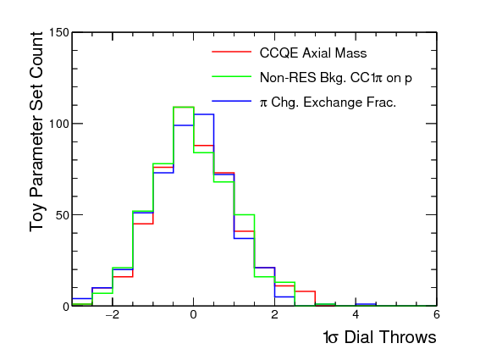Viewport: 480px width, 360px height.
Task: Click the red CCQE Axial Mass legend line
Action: click(231, 52)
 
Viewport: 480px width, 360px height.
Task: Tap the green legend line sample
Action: click(231, 76)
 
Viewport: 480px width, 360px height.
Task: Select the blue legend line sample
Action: click(231, 101)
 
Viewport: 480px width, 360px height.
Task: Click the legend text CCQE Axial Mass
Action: click(313, 53)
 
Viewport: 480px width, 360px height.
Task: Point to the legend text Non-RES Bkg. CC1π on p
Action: click(335, 78)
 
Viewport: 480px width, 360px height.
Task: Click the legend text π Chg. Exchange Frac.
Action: click(328, 102)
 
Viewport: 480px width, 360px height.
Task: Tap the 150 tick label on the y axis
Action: click(59, 32)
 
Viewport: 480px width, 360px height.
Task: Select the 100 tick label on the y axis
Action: click(59, 124)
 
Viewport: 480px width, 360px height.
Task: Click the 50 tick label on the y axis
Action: click(63, 215)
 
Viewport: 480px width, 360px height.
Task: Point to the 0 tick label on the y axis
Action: click(66, 307)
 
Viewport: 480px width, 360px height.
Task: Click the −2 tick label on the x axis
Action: click(112, 314)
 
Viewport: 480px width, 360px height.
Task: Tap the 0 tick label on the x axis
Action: click(193, 314)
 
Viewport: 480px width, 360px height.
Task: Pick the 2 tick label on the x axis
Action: click(274, 314)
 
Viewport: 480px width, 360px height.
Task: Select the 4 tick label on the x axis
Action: click(356, 314)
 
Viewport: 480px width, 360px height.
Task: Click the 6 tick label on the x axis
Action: click(437, 314)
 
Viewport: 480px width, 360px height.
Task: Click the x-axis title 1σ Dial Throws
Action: click(379, 338)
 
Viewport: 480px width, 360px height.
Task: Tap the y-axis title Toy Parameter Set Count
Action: click(36, 132)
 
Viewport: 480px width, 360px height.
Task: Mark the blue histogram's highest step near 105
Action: click(203, 114)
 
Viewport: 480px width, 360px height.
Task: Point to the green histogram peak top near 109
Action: click(184, 107)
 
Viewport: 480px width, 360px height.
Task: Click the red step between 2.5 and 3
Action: click(305, 291)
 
